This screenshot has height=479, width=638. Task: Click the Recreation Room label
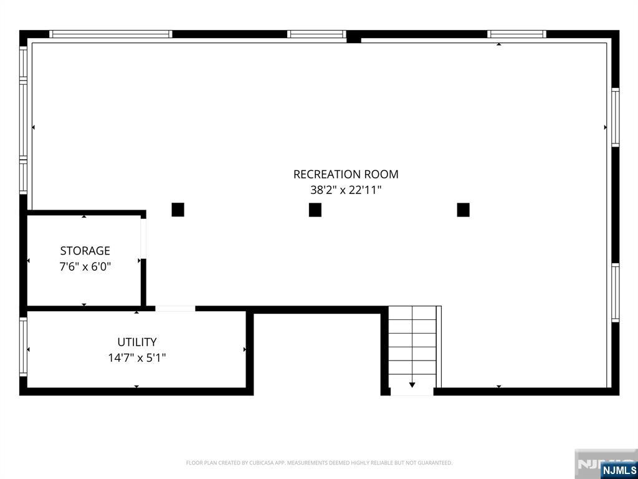[346, 175]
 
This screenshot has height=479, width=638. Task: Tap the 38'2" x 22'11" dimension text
[346, 190]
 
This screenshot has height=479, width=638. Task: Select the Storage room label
[85, 251]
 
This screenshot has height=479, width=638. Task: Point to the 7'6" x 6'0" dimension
[85, 267]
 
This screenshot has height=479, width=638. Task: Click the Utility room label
[136, 342]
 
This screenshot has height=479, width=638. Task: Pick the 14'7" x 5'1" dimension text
[136, 358]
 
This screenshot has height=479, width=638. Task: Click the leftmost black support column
[178, 210]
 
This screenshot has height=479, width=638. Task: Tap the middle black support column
[315, 210]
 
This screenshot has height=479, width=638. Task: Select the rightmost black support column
[464, 210]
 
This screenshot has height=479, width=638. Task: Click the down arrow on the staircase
[412, 384]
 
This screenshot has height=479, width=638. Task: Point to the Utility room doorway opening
[175, 308]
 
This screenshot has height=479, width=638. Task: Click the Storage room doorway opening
[143, 238]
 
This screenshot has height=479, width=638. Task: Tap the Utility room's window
[23, 347]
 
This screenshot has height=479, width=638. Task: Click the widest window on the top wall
[111, 34]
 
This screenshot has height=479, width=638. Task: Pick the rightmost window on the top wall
[517, 34]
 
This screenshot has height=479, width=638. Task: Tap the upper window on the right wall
[616, 117]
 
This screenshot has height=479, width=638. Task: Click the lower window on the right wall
[616, 293]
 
